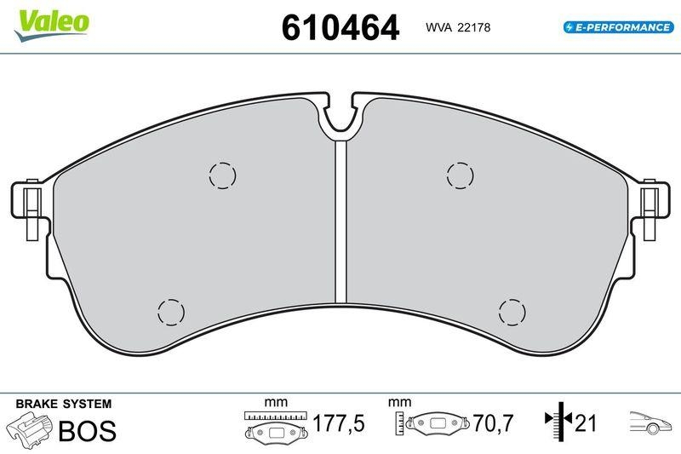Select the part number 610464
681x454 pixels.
[x=340, y=28]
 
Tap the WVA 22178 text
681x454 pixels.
[x=458, y=28]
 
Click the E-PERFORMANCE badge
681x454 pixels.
[x=619, y=27]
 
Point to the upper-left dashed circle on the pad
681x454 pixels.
[x=222, y=175]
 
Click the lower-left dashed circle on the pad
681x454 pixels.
[x=170, y=311]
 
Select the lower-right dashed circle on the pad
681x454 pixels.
[x=512, y=312]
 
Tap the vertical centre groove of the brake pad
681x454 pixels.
[x=340, y=221]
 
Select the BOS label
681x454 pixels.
[x=86, y=431]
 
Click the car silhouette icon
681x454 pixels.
[x=650, y=422]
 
